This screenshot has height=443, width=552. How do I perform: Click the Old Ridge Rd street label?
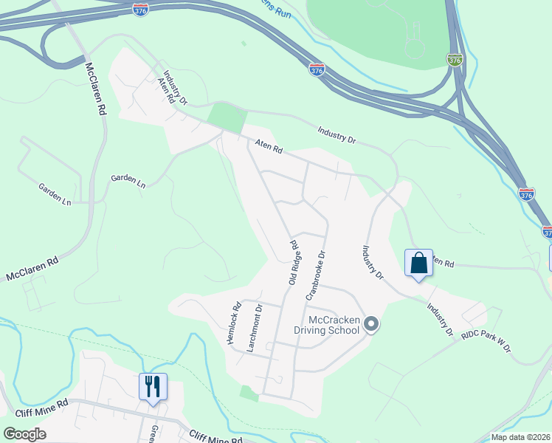coord(293,263)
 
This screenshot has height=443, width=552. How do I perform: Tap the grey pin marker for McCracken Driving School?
coord(371,324)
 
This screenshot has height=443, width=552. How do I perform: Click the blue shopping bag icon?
coord(418,263)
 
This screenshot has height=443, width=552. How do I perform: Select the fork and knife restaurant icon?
coord(153,386)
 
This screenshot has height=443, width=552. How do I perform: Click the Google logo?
coord(24,434)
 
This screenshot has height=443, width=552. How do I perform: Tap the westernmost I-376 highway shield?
coord(140,9)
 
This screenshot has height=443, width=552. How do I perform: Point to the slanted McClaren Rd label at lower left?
coord(32,269)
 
